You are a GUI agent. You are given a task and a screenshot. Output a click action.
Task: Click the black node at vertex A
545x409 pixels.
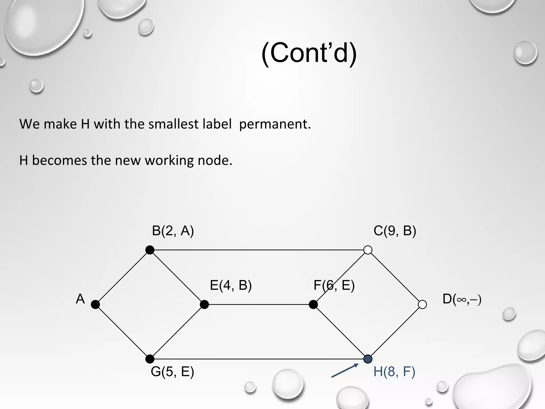[x=95, y=304]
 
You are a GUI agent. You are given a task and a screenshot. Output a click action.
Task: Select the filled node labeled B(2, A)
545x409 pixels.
[x=150, y=250]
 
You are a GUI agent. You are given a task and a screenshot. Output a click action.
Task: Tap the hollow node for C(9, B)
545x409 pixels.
[x=368, y=250]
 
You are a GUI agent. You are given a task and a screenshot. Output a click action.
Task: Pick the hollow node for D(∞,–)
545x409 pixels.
[x=422, y=304]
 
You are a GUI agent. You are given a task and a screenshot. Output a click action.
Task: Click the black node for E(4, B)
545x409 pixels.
[x=204, y=304]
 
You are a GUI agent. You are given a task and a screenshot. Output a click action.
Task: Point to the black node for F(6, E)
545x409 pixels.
[x=313, y=304]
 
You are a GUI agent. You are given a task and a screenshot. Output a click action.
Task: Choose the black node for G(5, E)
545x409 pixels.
[x=150, y=359]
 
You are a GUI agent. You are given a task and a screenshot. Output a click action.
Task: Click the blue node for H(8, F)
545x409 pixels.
[x=368, y=359]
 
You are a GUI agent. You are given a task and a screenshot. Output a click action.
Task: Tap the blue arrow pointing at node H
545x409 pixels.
[x=345, y=371]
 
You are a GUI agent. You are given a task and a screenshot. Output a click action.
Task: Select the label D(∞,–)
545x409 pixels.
[x=462, y=299]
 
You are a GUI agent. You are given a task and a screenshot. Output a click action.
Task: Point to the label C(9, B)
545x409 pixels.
[x=395, y=231]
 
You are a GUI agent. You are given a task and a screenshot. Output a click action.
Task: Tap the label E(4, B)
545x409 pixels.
[x=231, y=285]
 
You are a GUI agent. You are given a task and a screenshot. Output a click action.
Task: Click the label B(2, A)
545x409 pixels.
[x=173, y=231]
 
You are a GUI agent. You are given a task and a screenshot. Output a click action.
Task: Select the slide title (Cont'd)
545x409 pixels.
[x=309, y=53]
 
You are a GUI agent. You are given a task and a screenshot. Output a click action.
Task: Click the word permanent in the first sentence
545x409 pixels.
[x=275, y=124]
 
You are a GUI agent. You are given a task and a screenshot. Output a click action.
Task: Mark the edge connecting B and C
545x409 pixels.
[x=259, y=250]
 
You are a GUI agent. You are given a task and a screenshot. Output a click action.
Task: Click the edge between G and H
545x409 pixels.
[x=259, y=359]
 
